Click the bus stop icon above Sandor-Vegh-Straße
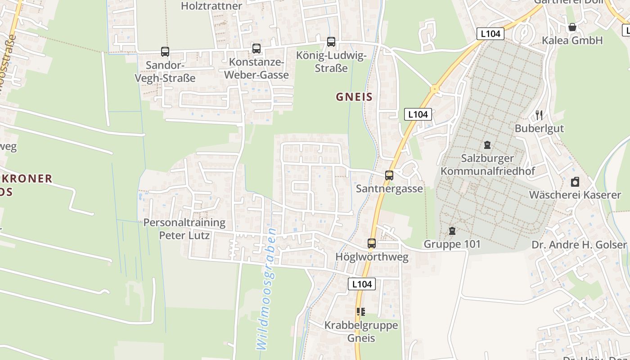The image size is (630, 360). click(165, 52)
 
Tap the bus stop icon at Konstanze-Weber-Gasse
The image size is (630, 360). click(256, 48)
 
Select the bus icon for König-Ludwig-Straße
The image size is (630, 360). click(331, 42)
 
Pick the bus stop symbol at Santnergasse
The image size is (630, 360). click(389, 175)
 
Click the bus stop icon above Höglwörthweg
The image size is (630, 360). click(372, 243)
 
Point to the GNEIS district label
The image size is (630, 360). click(354, 97)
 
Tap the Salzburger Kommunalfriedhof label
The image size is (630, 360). click(487, 165)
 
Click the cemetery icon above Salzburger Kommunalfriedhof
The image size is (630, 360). click(487, 145)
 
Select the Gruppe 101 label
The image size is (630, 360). click(452, 244)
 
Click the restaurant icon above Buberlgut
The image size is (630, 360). click(539, 115)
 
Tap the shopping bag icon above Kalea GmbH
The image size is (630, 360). click(572, 27)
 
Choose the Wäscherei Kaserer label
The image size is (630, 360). click(575, 195)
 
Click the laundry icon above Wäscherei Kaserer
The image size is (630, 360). click(575, 182)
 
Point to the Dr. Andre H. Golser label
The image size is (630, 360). click(579, 245)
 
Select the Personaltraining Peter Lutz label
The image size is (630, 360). click(184, 229)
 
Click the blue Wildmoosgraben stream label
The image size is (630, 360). click(266, 289)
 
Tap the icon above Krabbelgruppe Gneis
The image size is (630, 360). click(361, 311)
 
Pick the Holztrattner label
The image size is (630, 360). click(211, 6)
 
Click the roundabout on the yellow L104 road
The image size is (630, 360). click(434, 89)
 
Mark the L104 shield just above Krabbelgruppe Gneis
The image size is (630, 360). click(362, 284)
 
